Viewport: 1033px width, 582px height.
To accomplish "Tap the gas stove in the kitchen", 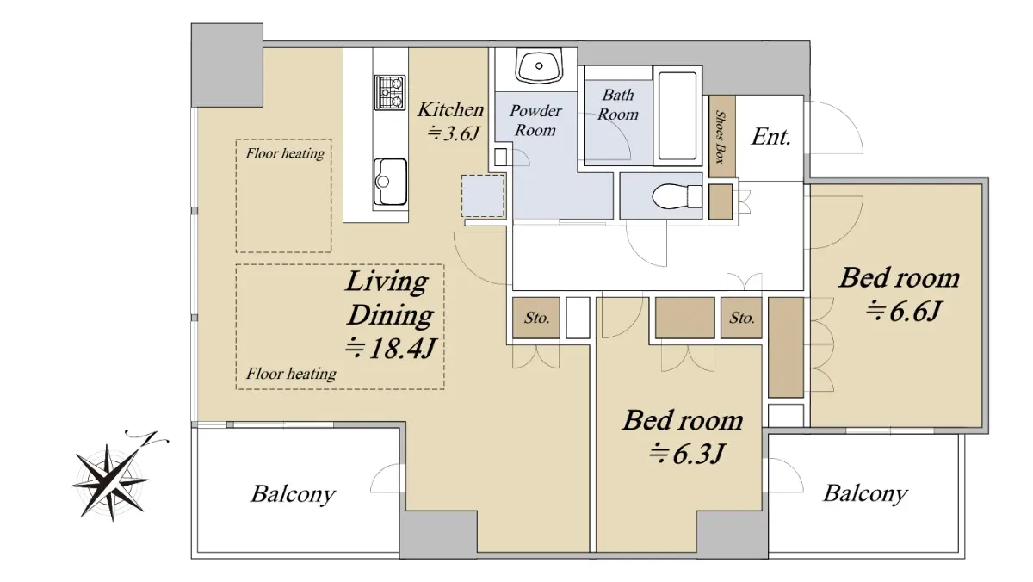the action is click(x=390, y=93).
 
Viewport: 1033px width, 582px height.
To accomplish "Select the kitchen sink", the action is click(x=390, y=182).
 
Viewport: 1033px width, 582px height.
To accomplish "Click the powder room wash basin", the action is click(x=539, y=66).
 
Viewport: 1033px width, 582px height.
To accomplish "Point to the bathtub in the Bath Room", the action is click(x=677, y=115).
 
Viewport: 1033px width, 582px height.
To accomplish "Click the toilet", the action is click(x=677, y=196).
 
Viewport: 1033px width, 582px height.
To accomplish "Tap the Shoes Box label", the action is click(x=720, y=137).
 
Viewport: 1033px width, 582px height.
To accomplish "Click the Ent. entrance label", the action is click(x=771, y=137).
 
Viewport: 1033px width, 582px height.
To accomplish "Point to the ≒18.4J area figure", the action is click(x=390, y=349).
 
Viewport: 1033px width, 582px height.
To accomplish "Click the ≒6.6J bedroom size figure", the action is click(x=902, y=312).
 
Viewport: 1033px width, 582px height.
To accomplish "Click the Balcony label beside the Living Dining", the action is click(x=294, y=494).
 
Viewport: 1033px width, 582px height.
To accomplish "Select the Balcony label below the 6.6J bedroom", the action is click(x=866, y=493).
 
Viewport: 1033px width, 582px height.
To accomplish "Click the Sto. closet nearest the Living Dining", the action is click(x=537, y=318).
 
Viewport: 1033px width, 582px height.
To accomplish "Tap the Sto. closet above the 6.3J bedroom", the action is click(x=742, y=318).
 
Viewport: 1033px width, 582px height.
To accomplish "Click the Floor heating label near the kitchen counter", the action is click(x=285, y=153).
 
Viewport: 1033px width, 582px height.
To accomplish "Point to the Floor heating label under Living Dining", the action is click(x=291, y=374).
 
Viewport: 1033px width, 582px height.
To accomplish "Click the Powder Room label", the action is click(x=535, y=121).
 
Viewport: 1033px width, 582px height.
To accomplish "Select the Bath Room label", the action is click(x=618, y=105).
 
